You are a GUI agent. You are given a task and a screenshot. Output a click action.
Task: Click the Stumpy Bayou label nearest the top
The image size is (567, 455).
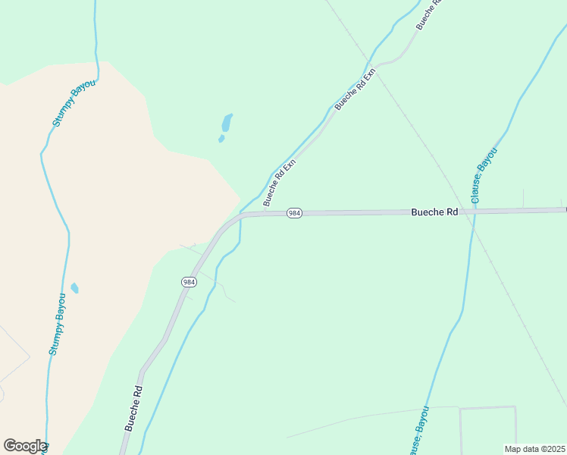click(74, 102)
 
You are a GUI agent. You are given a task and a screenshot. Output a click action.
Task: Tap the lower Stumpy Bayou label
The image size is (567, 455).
click(58, 325)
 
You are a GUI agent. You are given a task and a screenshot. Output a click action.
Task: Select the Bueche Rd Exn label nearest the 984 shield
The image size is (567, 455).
click(279, 183)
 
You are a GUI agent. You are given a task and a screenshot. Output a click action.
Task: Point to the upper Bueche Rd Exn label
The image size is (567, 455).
click(356, 89)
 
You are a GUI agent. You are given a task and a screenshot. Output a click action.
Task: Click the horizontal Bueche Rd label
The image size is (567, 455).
click(434, 212)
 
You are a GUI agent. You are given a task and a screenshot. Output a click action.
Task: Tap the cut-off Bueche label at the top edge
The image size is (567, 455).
click(428, 15)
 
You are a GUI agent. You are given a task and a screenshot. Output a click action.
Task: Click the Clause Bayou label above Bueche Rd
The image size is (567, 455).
click(484, 171)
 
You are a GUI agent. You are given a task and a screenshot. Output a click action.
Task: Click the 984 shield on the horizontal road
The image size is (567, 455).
click(295, 214)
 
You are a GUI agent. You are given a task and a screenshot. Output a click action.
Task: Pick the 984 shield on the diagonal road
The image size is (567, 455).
click(189, 282)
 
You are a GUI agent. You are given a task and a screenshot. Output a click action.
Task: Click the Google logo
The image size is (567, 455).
click(24, 446)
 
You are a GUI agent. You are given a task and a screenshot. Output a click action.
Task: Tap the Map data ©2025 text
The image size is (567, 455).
click(535, 449)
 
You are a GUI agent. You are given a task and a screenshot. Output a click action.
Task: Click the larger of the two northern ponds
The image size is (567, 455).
click(227, 122)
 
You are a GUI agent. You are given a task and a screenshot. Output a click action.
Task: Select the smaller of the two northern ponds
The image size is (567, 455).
click(221, 139)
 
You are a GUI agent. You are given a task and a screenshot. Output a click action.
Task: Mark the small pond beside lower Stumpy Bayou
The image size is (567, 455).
click(74, 288)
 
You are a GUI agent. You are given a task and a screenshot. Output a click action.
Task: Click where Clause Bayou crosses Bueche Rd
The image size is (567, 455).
click(473, 212)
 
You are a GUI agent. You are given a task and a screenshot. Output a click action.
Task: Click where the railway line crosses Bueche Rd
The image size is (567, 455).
click(462, 212)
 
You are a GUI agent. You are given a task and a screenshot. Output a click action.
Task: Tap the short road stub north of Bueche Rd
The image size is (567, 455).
click(523, 199)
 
